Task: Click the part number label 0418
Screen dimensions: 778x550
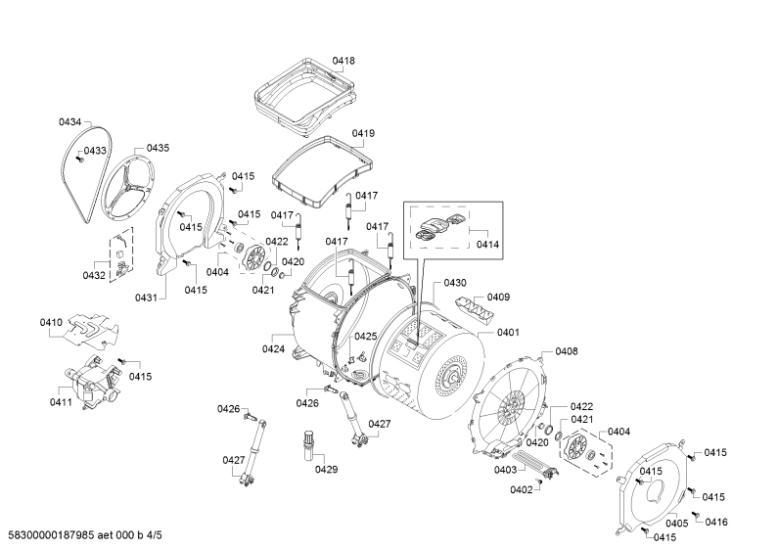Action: point(343,61)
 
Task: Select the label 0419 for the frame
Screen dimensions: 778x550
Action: point(363,133)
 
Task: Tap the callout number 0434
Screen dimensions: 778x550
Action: point(69,121)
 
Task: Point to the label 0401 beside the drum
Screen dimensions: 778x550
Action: point(508,332)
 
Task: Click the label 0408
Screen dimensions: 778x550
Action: point(567,351)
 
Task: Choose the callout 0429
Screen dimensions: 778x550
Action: point(326,469)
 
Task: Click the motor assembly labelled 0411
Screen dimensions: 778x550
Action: point(93,382)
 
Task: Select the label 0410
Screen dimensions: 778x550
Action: point(51,323)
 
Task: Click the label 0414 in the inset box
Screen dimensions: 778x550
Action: point(487,245)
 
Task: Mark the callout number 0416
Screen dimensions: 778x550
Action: point(716,522)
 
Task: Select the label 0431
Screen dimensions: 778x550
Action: point(146,298)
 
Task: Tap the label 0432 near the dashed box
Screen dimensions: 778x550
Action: point(94,276)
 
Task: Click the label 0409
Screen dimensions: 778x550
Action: point(498,297)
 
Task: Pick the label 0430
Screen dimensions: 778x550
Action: point(455,283)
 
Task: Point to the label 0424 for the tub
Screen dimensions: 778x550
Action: point(273,349)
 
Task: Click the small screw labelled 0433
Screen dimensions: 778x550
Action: point(78,159)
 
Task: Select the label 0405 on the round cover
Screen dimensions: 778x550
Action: point(677,524)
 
